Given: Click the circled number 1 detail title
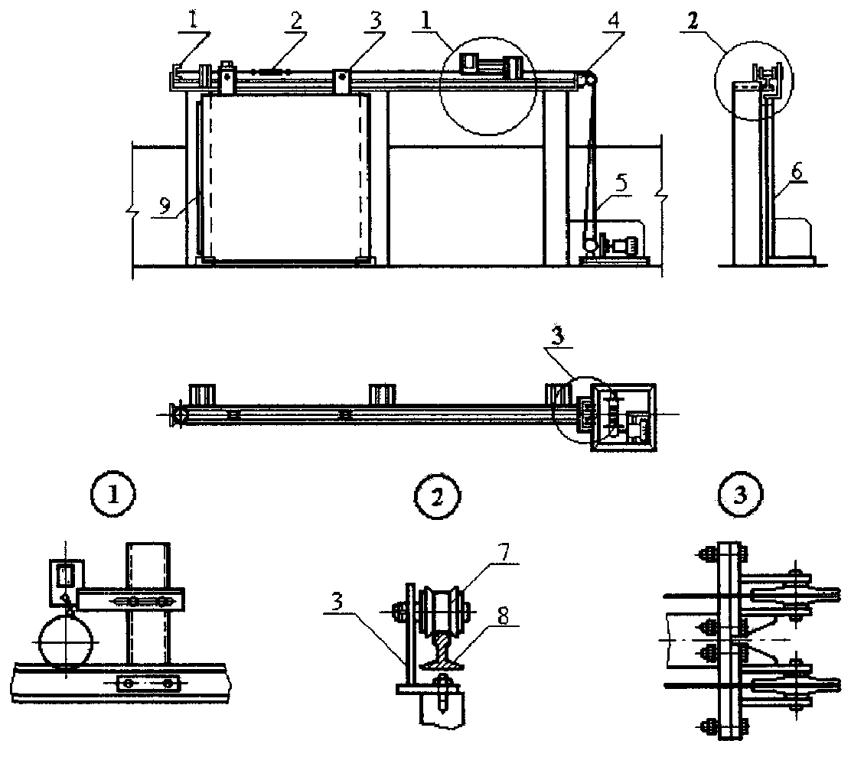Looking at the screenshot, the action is [x=113, y=495].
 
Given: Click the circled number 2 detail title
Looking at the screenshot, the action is [x=437, y=496].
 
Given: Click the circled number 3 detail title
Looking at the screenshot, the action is [x=740, y=495].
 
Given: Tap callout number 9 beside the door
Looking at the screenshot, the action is [x=165, y=204].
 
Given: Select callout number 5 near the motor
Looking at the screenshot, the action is [x=621, y=183].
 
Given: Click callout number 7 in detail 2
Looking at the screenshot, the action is [x=504, y=553].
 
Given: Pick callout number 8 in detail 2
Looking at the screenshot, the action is [x=504, y=616].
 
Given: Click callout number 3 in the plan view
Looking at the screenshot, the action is [x=557, y=338].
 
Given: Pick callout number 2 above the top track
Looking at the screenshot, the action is [x=295, y=21].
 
